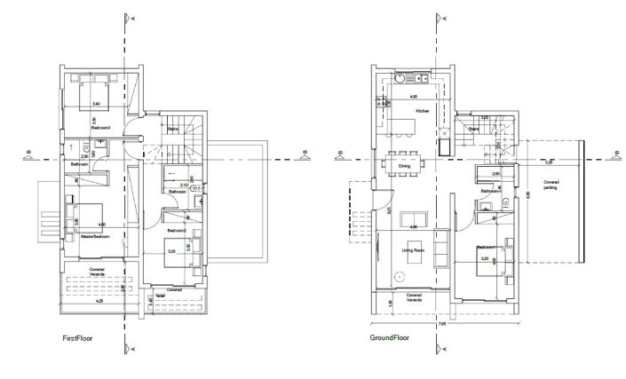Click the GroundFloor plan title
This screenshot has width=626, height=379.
[389, 338]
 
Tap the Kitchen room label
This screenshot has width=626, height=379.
[422, 111]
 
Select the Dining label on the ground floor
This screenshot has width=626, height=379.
[404, 166]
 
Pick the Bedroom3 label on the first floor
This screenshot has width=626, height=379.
[99, 128]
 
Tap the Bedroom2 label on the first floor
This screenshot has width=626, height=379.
[176, 229]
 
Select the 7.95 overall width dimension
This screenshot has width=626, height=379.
[442, 325]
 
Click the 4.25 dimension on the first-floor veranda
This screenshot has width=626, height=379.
[99, 302]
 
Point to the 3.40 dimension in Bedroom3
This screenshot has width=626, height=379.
[97, 105]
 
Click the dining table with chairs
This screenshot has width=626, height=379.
[406, 160]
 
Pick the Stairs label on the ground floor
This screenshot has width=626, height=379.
[473, 129]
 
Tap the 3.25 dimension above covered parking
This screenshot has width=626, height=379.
[548, 162]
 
